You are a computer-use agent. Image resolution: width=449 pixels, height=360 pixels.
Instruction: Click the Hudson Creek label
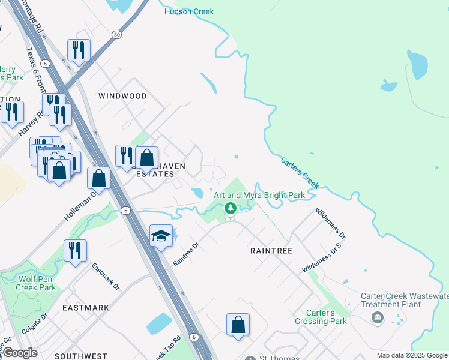point(189,11)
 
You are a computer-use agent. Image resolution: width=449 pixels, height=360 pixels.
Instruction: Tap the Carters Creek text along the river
point(299,172)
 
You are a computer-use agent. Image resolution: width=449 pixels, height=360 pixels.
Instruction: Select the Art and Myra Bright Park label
point(259,195)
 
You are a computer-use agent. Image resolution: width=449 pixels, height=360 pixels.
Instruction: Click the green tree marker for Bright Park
point(229,208)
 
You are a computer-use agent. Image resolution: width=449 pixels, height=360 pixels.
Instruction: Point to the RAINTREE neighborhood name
point(271,251)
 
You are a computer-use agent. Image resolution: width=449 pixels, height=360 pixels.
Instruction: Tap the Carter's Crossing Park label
point(321,317)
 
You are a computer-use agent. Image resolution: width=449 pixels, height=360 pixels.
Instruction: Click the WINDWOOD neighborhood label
point(122,96)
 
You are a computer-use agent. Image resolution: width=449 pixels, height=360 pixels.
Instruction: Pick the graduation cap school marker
point(161,236)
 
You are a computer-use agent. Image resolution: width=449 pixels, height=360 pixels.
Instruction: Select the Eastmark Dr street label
point(106,276)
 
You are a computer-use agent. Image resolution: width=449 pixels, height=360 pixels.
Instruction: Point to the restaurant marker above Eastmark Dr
point(75,251)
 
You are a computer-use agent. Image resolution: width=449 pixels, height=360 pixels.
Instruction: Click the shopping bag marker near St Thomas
point(238,325)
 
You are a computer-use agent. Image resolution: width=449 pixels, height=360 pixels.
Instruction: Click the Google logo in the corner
point(20,352)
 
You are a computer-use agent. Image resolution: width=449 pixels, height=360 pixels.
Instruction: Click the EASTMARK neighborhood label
point(86,308)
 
